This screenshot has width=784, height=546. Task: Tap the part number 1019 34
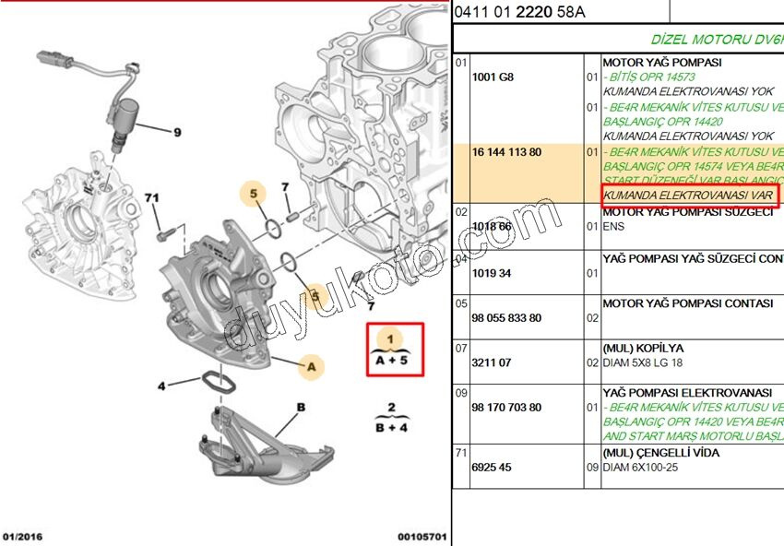(x=492, y=273)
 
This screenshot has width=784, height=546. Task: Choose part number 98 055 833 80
(x=506, y=318)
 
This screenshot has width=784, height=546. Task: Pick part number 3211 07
(x=492, y=362)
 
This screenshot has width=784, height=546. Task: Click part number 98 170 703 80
(x=506, y=407)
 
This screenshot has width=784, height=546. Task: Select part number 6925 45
(x=492, y=468)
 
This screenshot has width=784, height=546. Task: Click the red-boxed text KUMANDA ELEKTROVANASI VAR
(x=688, y=196)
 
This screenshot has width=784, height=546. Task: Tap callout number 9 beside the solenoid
(x=177, y=131)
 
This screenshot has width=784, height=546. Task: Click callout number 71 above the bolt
(x=152, y=198)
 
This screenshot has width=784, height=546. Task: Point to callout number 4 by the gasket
(x=160, y=386)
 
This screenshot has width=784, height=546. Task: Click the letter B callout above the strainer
(x=301, y=407)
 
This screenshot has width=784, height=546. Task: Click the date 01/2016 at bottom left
(x=23, y=537)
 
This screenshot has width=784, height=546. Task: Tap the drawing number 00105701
(x=422, y=537)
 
